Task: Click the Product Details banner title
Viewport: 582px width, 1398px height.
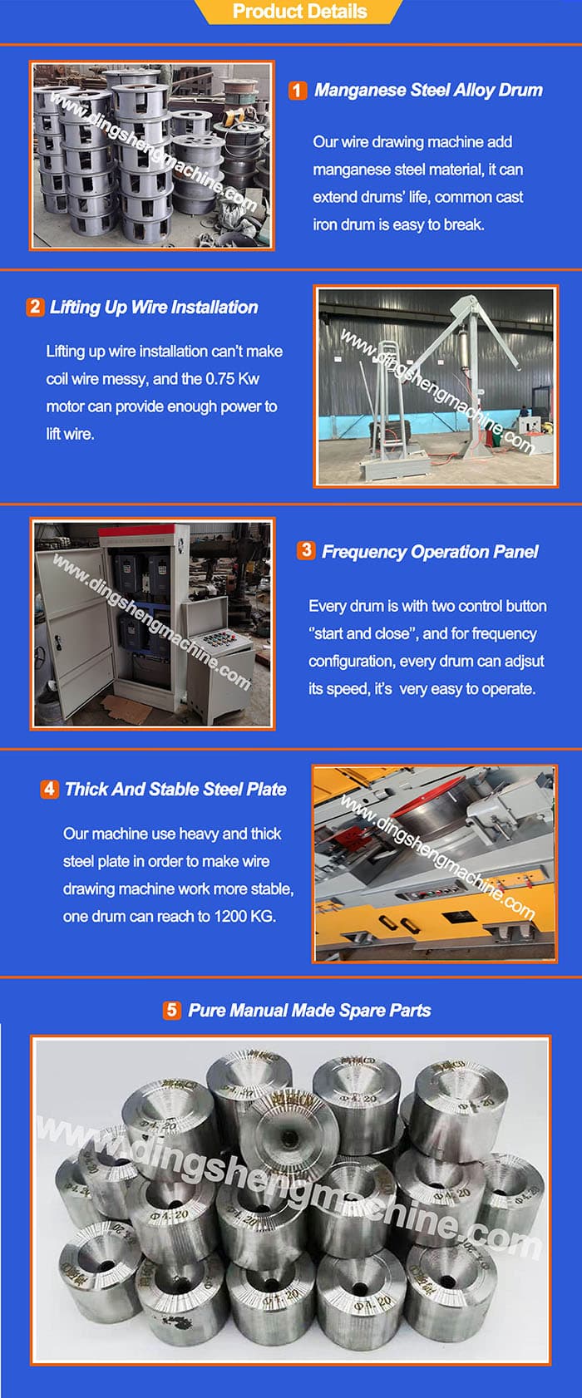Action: tap(299, 12)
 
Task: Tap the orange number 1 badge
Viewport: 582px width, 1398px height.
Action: tap(297, 91)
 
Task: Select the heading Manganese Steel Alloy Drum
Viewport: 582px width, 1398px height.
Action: tap(428, 91)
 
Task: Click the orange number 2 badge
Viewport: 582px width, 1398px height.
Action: tap(34, 307)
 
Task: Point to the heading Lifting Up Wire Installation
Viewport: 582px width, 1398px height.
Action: tap(154, 308)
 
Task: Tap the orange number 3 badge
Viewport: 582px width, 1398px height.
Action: tap(306, 550)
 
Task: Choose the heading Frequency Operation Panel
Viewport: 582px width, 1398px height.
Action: tap(430, 552)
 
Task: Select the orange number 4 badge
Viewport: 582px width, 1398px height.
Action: tap(49, 789)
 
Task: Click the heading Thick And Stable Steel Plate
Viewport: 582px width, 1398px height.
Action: tap(175, 790)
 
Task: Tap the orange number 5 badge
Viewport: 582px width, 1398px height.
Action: tap(172, 1010)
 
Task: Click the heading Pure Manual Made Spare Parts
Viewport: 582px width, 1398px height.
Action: tap(309, 1011)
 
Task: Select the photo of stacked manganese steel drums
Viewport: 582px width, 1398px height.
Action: tap(152, 155)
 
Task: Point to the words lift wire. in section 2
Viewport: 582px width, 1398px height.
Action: tap(70, 434)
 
